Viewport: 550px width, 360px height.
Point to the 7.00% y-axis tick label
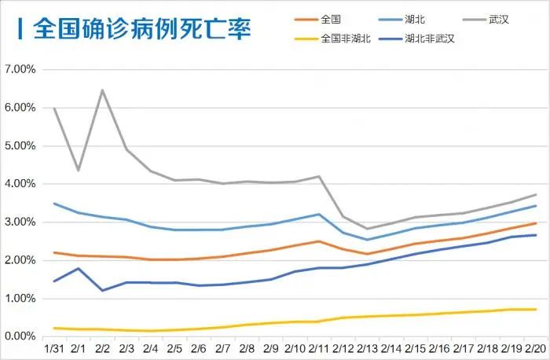[x=20, y=69]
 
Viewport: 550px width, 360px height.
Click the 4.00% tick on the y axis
[x=20, y=184]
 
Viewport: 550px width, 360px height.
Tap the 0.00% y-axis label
[x=20, y=336]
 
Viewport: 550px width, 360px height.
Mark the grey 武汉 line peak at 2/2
[x=102, y=90]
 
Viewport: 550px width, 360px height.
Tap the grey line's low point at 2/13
[x=367, y=229]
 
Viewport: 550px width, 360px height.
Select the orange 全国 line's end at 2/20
[x=536, y=223]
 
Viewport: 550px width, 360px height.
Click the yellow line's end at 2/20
[x=536, y=309]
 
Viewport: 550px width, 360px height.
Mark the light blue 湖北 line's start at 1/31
[x=53, y=204]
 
